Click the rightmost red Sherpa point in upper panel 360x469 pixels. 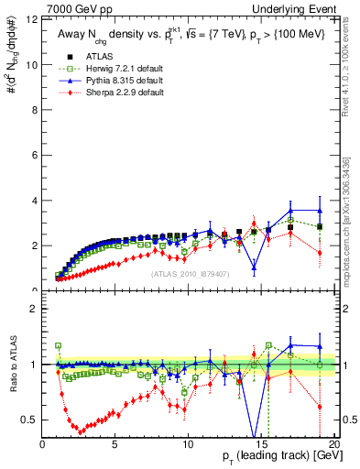pos(319,252)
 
